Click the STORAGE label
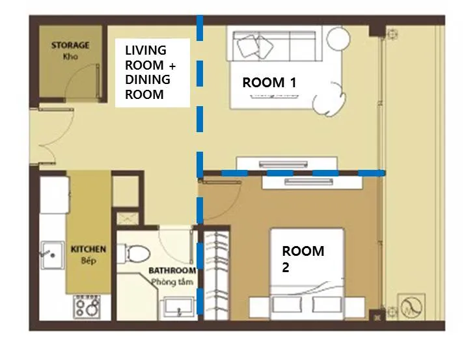[70, 46]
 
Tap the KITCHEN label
[89, 249]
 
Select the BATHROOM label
[172, 271]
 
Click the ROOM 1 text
[269, 83]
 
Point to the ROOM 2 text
[303, 259]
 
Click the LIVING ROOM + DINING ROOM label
[150, 72]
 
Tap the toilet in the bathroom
[134, 254]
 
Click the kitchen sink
[52, 255]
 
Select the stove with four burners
[87, 307]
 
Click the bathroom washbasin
[177, 307]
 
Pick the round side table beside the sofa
[338, 39]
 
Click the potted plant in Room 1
[329, 99]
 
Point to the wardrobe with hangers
[217, 275]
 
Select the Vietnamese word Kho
[70, 57]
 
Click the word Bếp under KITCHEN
[89, 260]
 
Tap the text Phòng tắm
[172, 282]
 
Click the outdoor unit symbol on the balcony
[411, 307]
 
